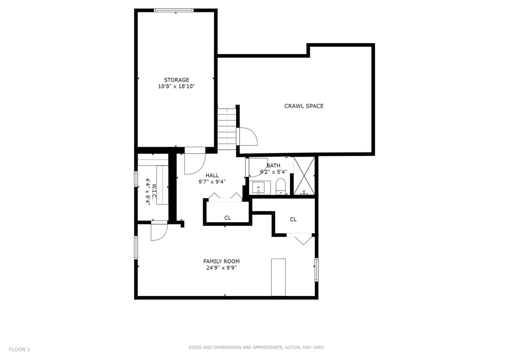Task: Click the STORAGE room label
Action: (x=176, y=80)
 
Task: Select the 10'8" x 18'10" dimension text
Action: (x=176, y=87)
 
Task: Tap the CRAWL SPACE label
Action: (x=304, y=106)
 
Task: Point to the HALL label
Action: (x=212, y=175)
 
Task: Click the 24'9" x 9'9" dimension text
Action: (x=221, y=268)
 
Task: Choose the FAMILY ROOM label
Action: (x=221, y=261)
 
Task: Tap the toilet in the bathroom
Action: (x=281, y=186)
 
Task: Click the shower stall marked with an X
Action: (x=304, y=176)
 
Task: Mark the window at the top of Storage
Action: (x=174, y=10)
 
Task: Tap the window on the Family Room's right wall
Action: (x=316, y=270)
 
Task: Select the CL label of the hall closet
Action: (x=227, y=218)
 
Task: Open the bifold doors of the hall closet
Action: (x=227, y=196)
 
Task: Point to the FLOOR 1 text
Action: (x=19, y=349)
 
